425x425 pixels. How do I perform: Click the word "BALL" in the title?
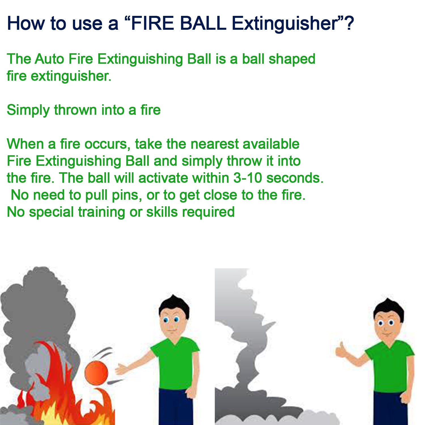click(203, 23)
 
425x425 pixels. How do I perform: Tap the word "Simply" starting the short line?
click(28, 110)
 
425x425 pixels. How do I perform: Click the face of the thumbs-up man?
click(386, 324)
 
